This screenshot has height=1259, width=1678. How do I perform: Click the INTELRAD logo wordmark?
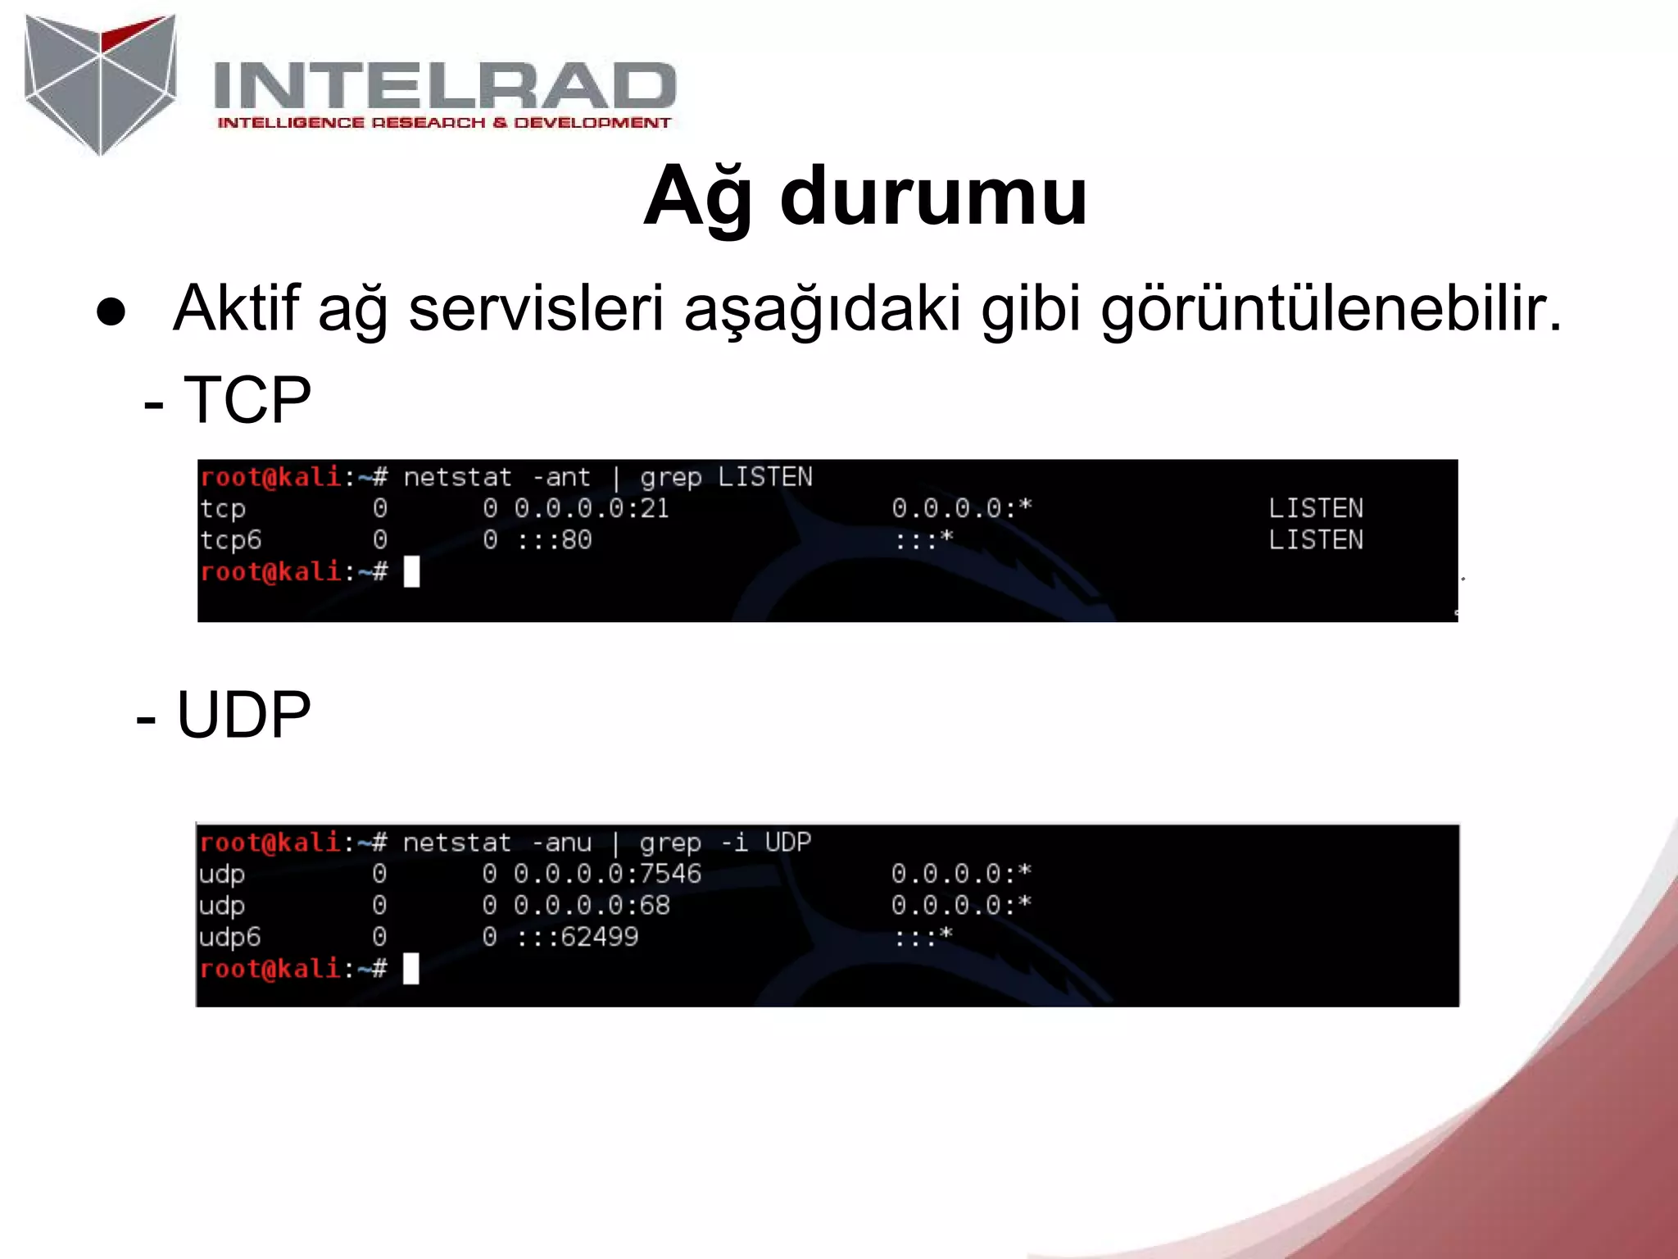[x=444, y=86]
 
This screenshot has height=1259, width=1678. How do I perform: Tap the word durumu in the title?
[x=933, y=197]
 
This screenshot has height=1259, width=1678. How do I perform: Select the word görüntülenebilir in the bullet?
[x=1331, y=310]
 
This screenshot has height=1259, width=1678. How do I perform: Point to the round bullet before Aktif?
[x=111, y=312]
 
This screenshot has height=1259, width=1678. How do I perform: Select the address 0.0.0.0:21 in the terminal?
[x=591, y=508]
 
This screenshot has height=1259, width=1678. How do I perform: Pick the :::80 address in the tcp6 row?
[x=554, y=540]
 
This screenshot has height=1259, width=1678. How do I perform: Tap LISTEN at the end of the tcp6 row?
[x=1315, y=540]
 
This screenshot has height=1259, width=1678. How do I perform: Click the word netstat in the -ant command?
[x=457, y=477]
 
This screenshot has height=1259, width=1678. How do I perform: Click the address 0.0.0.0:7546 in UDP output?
[x=607, y=874]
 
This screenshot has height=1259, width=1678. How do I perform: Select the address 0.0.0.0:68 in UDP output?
[x=592, y=906]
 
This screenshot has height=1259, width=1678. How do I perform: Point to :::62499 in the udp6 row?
[x=577, y=937]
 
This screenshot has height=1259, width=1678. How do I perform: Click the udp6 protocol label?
[x=229, y=937]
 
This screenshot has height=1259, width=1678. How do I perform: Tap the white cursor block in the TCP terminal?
[x=411, y=571]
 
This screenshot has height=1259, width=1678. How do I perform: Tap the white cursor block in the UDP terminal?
[x=410, y=969]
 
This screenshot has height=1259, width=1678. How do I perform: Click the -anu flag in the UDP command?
[x=561, y=843]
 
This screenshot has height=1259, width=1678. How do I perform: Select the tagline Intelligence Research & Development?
[x=444, y=123]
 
